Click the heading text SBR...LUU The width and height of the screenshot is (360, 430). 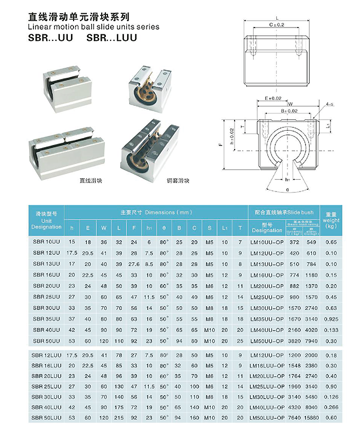pos(112,38)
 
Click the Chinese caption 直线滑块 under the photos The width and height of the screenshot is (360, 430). pos(91,180)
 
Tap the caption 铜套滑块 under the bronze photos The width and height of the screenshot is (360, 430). pos(178,180)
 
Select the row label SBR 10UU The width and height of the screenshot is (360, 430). pos(47,242)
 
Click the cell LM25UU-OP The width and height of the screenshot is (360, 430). pos(267,297)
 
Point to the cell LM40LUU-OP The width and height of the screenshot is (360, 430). pos(267,407)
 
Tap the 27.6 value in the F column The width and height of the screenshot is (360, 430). pos(134,263)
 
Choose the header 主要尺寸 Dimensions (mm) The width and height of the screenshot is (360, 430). pos(155,212)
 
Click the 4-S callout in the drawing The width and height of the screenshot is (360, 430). pos(330,104)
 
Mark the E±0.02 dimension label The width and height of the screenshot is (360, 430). pos(273,98)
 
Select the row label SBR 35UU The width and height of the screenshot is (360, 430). pos(47,319)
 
